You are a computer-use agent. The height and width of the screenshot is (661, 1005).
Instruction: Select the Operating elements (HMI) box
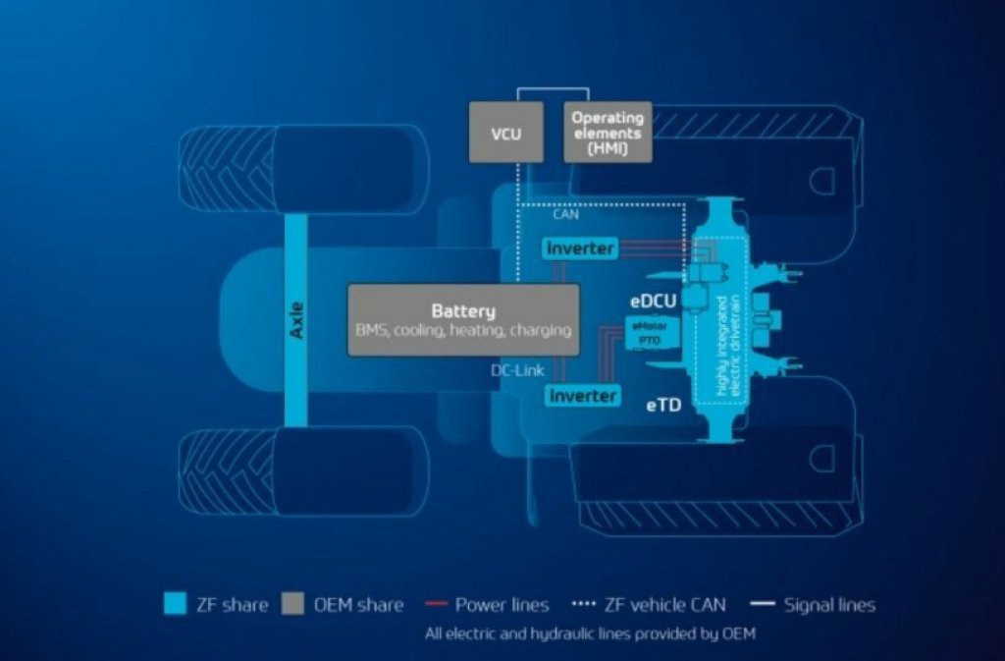[x=608, y=132]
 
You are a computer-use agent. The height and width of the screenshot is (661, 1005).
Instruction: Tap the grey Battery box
[x=463, y=320]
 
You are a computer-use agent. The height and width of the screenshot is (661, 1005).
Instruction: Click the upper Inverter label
[x=581, y=248]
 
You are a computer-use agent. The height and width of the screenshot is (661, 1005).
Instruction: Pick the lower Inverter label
[x=583, y=396]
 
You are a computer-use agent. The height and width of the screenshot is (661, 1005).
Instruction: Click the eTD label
[x=663, y=404]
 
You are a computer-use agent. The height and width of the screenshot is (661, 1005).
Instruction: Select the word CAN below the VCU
[x=566, y=214]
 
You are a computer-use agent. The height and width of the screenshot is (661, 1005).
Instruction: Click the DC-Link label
[x=517, y=370]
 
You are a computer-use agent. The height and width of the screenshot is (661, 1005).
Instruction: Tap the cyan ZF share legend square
[x=175, y=604]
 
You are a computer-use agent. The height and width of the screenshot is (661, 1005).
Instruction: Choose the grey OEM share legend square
[x=292, y=604]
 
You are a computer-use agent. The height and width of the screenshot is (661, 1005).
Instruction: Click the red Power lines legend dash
[x=438, y=604]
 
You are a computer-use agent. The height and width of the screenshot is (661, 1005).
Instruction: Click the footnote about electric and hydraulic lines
[x=590, y=633]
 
